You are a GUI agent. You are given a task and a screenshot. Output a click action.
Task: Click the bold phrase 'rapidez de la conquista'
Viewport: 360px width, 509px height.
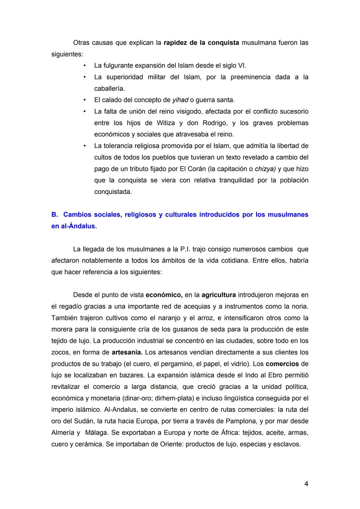point(201,43)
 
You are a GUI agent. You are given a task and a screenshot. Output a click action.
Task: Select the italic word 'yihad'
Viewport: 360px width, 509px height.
point(180,100)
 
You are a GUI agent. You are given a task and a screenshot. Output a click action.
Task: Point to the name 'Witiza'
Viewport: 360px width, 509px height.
point(165,123)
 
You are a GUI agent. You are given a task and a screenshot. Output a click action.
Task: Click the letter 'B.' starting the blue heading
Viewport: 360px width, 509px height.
point(55,215)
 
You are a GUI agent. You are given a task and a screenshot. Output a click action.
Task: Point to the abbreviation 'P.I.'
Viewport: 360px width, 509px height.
point(185,249)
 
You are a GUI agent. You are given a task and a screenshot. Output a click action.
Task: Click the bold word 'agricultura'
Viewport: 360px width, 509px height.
point(219,295)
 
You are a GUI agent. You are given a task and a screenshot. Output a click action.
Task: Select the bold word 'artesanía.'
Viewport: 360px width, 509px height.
point(127,352)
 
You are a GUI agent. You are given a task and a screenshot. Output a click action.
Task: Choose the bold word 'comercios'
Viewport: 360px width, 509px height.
point(282,364)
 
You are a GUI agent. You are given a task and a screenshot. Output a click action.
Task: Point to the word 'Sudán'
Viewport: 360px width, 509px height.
point(85,421)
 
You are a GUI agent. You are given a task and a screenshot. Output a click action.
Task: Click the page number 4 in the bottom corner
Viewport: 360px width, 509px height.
point(306,484)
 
